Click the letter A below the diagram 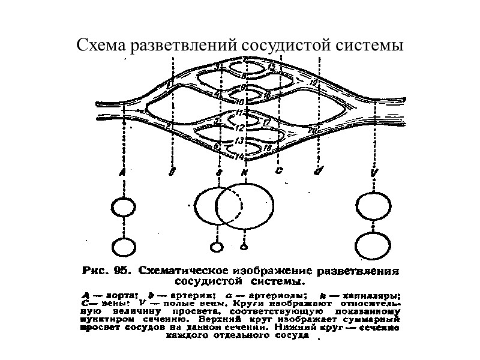122,172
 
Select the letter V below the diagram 375,172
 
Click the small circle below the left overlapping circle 215,246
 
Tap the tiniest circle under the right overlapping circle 243,246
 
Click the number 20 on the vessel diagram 312,130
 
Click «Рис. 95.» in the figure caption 104,270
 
